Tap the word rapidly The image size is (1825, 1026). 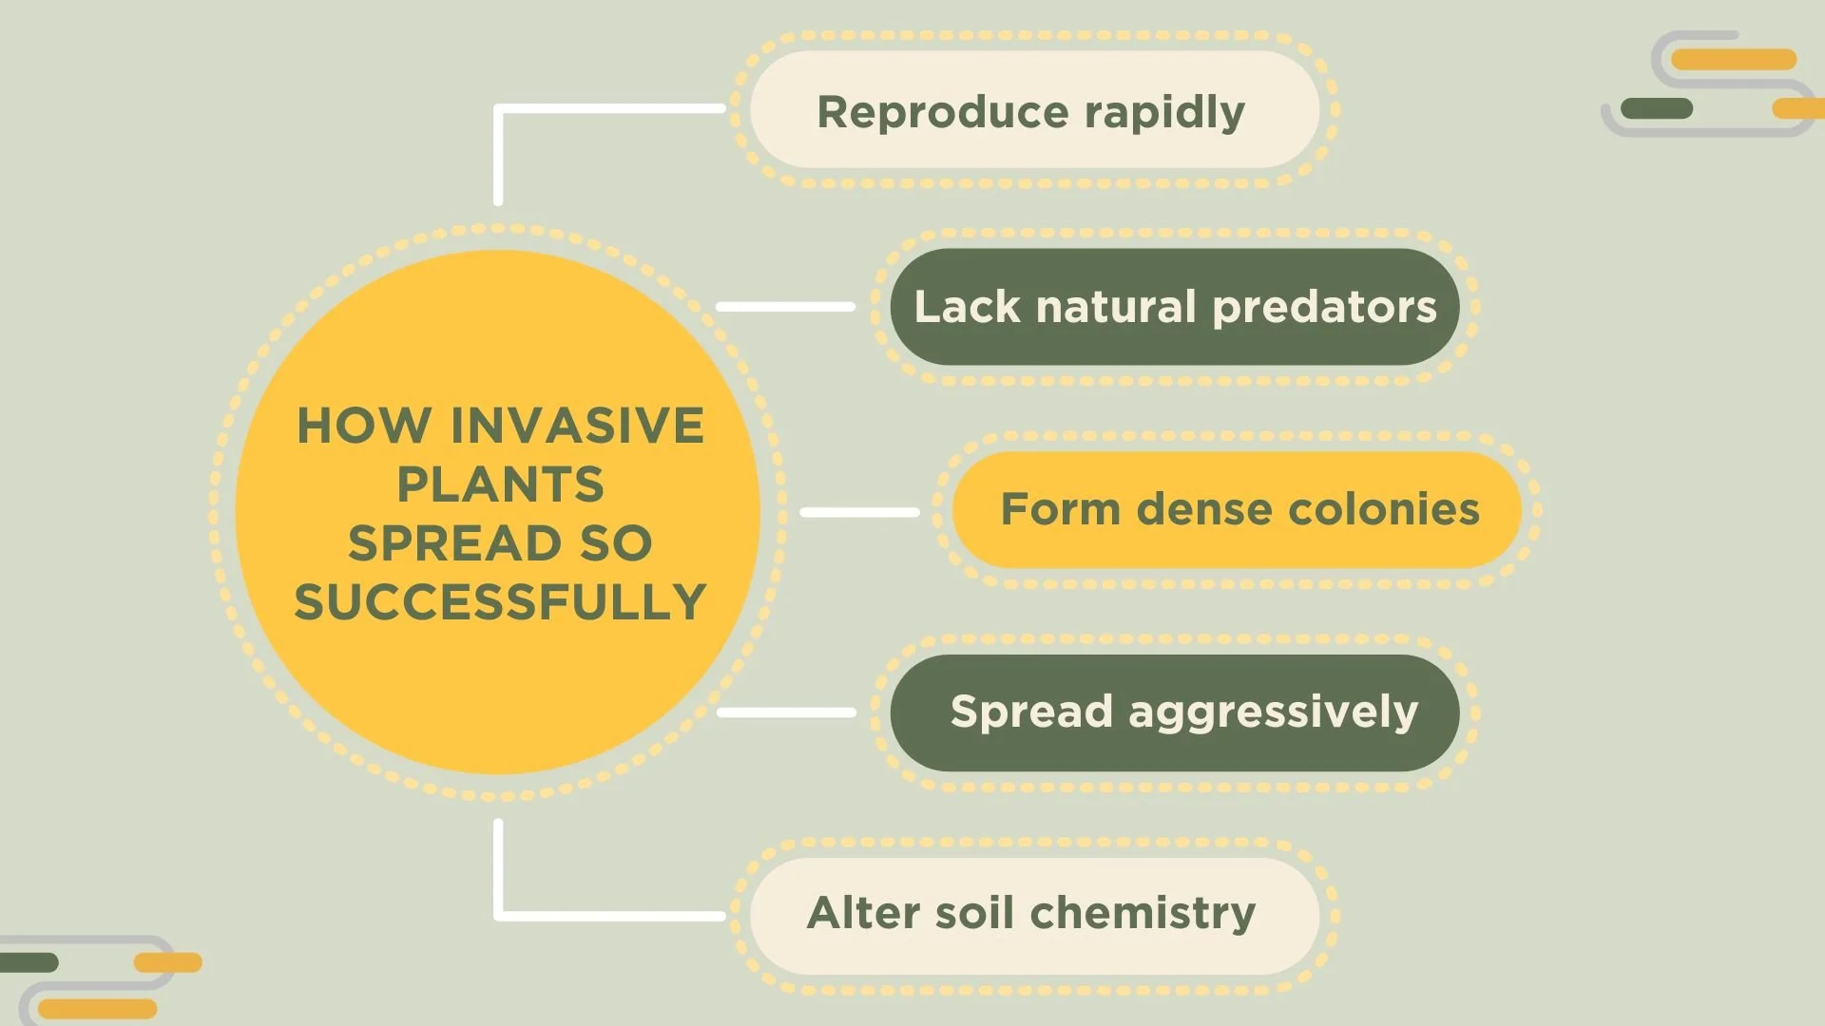click(1164, 113)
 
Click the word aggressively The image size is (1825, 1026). click(1273, 712)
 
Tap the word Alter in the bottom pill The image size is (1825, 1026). click(863, 913)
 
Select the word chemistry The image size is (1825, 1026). click(1143, 913)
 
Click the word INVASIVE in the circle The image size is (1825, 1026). click(577, 426)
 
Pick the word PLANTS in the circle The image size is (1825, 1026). click(500, 484)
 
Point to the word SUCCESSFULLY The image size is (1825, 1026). click(500, 602)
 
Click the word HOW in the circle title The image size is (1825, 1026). click(364, 426)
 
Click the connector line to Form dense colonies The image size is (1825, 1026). click(859, 512)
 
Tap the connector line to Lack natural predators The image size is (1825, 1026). click(785, 307)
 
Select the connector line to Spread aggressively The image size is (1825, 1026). click(785, 712)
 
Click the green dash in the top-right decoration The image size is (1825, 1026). click(1656, 108)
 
